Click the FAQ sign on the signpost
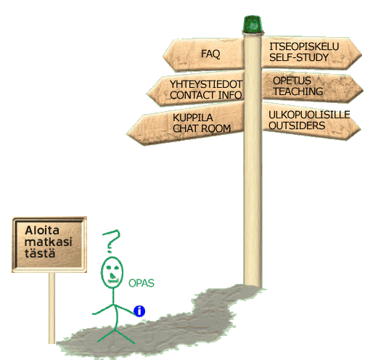click(x=203, y=54)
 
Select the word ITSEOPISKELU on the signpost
click(x=304, y=46)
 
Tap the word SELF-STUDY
click(x=299, y=57)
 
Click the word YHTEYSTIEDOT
click(x=206, y=84)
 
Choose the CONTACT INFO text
click(x=206, y=95)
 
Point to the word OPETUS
click(x=292, y=81)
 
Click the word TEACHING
click(x=298, y=91)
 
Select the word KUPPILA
click(x=193, y=118)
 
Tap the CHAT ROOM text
click(x=202, y=128)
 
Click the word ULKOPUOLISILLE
click(x=309, y=115)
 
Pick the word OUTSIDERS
click(x=297, y=126)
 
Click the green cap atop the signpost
click(x=253, y=24)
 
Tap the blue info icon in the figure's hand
click(x=139, y=311)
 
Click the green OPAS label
click(x=142, y=283)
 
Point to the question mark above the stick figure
click(x=112, y=241)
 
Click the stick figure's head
click(x=112, y=272)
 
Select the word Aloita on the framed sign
click(x=42, y=230)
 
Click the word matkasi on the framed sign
click(x=49, y=242)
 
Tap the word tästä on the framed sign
click(x=40, y=253)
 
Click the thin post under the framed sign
click(x=52, y=308)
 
